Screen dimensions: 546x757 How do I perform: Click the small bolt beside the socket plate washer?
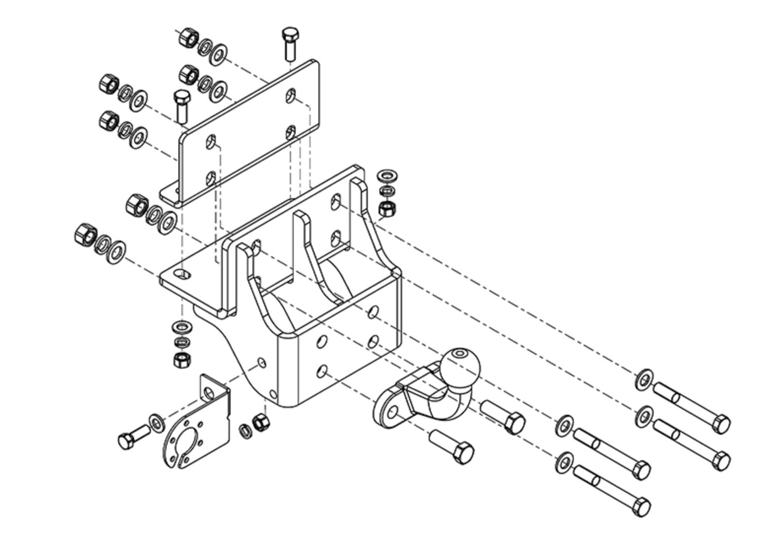tap(133, 436)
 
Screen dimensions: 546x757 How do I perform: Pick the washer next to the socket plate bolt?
tap(157, 422)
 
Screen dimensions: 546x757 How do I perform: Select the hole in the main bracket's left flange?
tap(184, 274)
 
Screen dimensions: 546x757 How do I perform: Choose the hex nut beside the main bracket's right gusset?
tap(385, 208)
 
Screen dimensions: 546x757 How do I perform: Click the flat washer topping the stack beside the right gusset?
tap(386, 175)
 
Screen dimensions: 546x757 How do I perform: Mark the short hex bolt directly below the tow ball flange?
tap(452, 446)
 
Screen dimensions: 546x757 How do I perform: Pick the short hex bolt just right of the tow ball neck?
tap(503, 416)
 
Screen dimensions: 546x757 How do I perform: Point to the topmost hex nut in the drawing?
tap(187, 37)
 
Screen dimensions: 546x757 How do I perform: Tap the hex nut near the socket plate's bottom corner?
tap(260, 422)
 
